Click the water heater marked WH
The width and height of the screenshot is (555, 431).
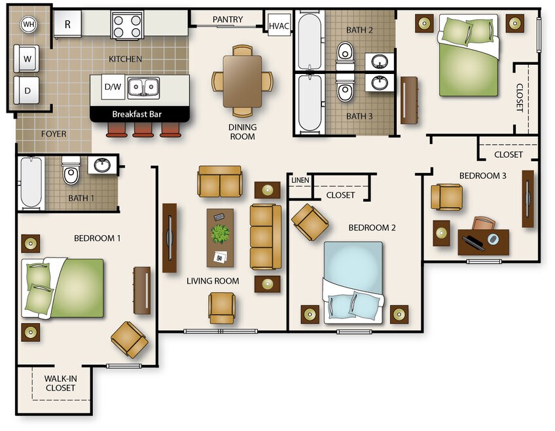[29, 24]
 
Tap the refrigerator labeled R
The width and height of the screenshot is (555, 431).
[67, 24]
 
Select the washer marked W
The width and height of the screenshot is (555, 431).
[27, 59]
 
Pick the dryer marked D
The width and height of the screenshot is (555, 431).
[27, 90]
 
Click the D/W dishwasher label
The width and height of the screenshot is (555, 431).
[113, 86]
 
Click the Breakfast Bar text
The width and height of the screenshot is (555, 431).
[137, 115]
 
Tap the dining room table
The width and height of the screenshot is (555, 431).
[242, 81]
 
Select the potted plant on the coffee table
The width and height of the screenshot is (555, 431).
[220, 234]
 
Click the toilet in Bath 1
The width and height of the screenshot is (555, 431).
[71, 170]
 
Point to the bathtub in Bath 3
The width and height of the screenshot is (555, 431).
[310, 103]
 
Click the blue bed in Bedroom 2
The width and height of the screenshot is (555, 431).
[353, 282]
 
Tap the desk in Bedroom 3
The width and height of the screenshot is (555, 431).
[484, 242]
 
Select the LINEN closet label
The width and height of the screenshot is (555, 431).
[300, 180]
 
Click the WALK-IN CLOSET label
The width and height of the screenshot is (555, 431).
[60, 383]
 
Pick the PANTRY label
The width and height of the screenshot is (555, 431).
[228, 20]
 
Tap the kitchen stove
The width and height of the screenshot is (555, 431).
[127, 24]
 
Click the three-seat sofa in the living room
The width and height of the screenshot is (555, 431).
[266, 237]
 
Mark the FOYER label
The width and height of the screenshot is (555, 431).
[54, 134]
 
